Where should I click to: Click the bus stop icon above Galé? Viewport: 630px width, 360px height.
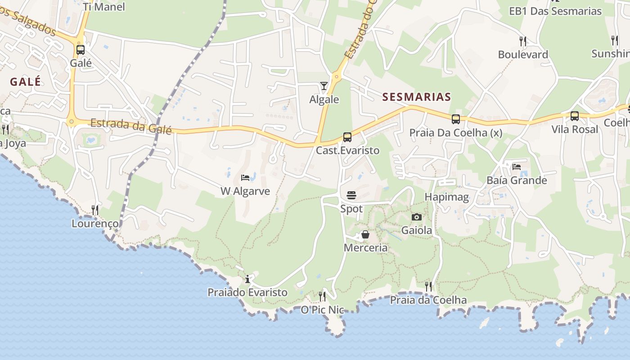pyautogui.click(x=81, y=50)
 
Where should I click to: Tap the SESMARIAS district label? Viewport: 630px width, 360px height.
pyautogui.click(x=416, y=97)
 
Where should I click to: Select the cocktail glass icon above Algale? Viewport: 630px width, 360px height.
pyautogui.click(x=324, y=85)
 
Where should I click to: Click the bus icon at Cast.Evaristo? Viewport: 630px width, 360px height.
pyautogui.click(x=347, y=137)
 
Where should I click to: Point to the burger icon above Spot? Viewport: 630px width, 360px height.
pyautogui.click(x=351, y=195)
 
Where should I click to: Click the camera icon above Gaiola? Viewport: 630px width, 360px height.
pyautogui.click(x=417, y=217)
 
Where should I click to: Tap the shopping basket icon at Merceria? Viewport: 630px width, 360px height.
pyautogui.click(x=365, y=234)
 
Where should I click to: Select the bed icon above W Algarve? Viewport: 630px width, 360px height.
pyautogui.click(x=245, y=178)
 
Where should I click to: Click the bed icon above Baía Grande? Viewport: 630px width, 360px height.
pyautogui.click(x=517, y=166)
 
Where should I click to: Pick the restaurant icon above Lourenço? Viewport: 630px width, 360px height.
pyautogui.click(x=95, y=210)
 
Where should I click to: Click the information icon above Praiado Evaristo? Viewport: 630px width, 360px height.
pyautogui.click(x=247, y=279)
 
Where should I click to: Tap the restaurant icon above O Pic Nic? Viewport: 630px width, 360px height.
pyautogui.click(x=322, y=296)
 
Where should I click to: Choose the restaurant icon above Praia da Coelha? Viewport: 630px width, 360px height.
pyautogui.click(x=428, y=286)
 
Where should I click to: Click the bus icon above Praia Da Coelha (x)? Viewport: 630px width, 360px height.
pyautogui.click(x=456, y=119)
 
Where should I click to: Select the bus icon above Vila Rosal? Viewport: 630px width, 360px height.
pyautogui.click(x=575, y=116)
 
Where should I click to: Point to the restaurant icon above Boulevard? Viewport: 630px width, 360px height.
pyautogui.click(x=523, y=41)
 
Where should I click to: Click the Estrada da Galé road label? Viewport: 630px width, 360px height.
pyautogui.click(x=131, y=126)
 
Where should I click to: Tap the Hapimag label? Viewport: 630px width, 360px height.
pyautogui.click(x=447, y=197)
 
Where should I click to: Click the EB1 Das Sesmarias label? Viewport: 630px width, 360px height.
pyautogui.click(x=555, y=11)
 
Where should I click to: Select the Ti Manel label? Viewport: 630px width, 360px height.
pyautogui.click(x=104, y=7)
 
